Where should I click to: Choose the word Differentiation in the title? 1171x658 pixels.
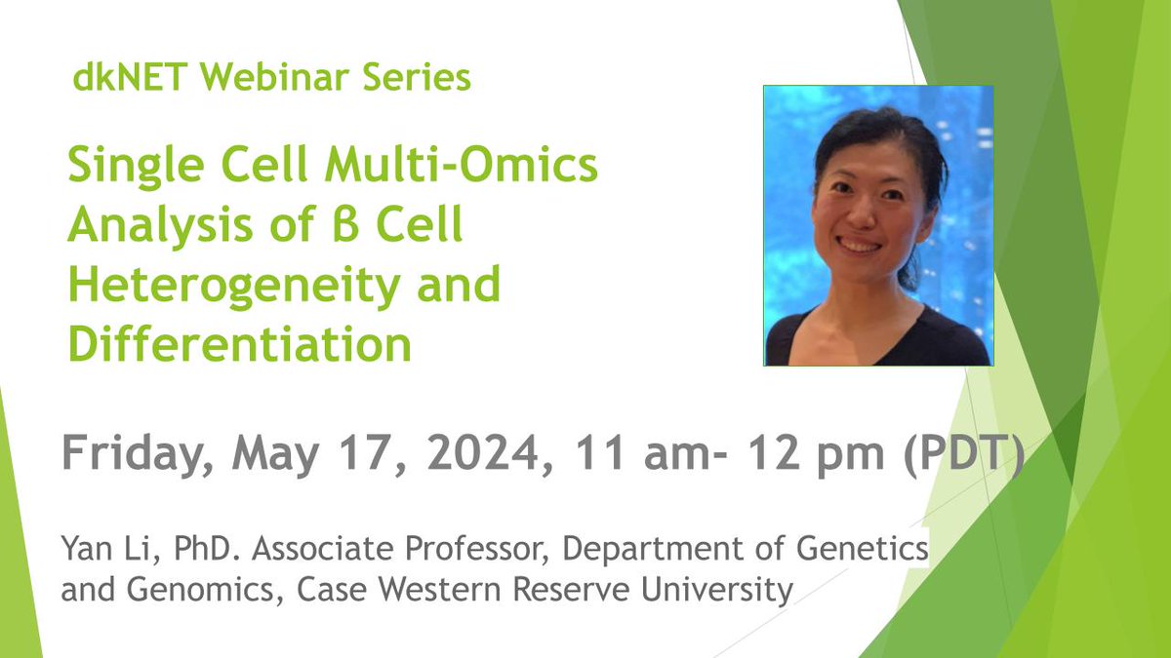(x=238, y=345)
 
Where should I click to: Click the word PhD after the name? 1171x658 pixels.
(x=181, y=554)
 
